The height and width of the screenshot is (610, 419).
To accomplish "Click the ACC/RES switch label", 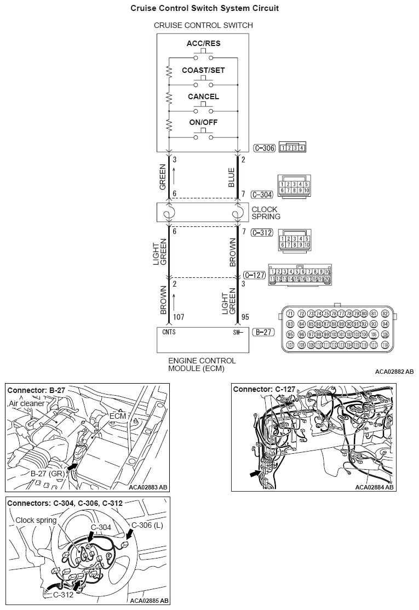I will click(203, 43).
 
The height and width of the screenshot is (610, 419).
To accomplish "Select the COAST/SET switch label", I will click(203, 71).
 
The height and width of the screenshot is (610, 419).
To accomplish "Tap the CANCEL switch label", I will click(203, 96).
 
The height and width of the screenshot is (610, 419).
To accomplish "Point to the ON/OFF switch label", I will click(203, 122).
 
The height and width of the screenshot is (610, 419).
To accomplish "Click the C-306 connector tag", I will click(264, 147).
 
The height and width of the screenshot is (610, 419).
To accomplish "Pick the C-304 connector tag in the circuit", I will click(261, 195).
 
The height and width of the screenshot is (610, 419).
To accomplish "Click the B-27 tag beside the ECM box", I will click(262, 332).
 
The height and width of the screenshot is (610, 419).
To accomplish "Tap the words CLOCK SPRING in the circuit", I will click(266, 213).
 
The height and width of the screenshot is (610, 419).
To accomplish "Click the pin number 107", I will click(179, 317).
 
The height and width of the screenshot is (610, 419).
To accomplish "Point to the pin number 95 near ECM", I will click(245, 317).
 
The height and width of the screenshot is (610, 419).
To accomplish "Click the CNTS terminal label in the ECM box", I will click(169, 332).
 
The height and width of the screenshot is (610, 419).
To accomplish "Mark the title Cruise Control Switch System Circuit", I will click(204, 8).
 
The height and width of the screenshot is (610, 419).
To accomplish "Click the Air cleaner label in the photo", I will click(28, 403).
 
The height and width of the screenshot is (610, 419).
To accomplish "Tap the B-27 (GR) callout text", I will click(47, 472).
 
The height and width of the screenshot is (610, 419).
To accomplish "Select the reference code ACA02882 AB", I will click(394, 372).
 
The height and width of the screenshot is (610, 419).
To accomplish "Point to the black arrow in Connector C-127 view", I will click(255, 472).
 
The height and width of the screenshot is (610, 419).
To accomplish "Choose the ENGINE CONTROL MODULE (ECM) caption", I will click(202, 364).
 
